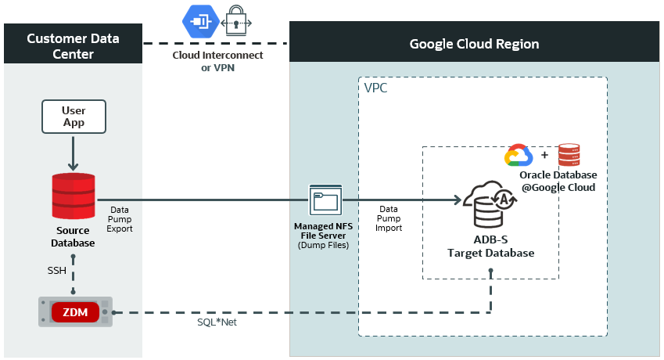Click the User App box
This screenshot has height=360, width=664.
tap(74, 117)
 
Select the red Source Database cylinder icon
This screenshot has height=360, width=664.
tap(74, 196)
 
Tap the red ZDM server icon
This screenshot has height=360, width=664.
tap(75, 312)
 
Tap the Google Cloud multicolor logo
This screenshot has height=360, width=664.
tap(518, 156)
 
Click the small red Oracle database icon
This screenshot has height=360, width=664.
tap(569, 156)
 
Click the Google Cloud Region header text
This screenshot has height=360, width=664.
tap(474, 43)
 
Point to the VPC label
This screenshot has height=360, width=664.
tap(375, 88)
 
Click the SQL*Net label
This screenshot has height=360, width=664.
tap(217, 322)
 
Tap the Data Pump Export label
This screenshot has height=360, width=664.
tap(120, 221)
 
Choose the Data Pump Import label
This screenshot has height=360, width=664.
tap(389, 218)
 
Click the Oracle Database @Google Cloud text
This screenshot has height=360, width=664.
tap(557, 182)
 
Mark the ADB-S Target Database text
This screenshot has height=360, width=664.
tap(490, 247)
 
